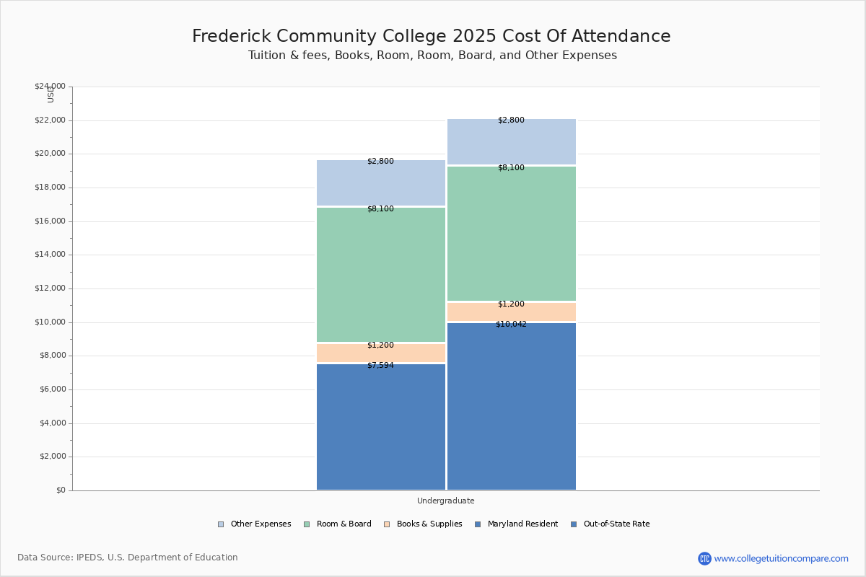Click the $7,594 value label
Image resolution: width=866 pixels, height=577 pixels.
point(380,366)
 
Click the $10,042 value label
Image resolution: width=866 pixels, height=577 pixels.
point(511,325)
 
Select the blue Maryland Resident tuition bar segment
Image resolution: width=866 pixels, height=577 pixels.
point(381,429)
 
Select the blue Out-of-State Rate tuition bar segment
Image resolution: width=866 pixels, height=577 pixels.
point(512,408)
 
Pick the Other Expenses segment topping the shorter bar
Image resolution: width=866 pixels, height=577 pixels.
point(381,184)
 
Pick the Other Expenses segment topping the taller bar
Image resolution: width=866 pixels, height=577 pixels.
point(512,143)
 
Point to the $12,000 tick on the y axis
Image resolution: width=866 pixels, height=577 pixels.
point(50,288)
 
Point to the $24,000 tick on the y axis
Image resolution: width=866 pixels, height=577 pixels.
point(50,87)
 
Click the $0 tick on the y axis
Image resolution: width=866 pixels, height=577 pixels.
point(60,490)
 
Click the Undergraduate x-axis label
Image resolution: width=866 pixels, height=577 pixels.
point(445,501)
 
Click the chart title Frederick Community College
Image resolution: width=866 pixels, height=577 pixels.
point(431,37)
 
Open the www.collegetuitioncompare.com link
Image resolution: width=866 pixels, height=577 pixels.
point(781,558)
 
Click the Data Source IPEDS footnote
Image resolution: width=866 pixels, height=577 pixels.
point(128,558)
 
